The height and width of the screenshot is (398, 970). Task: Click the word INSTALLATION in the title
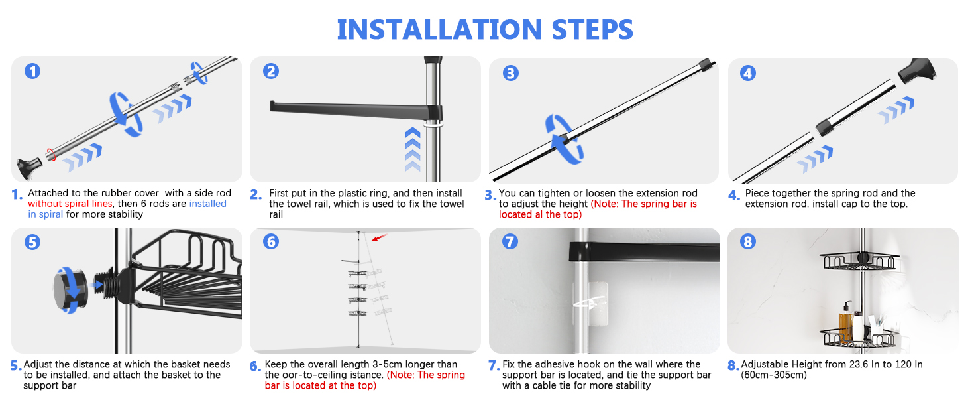point(439,29)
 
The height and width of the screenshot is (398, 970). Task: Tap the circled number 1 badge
point(32,71)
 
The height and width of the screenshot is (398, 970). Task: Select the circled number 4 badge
point(748,73)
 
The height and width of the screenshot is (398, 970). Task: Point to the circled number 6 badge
point(271,241)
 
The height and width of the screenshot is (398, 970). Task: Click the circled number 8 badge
point(748,241)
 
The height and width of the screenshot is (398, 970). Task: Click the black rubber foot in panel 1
point(28,168)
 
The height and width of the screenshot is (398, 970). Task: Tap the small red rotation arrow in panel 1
point(51,155)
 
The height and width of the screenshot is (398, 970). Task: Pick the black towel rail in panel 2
point(356,111)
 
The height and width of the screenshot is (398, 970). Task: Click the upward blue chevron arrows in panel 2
point(413,149)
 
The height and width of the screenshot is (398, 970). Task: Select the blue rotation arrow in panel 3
point(563,139)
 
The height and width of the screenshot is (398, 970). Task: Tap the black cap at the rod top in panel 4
point(916,71)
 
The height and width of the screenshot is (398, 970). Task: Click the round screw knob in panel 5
point(71,290)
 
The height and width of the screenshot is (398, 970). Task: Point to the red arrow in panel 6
point(380,237)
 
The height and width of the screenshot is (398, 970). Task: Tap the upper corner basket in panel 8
point(859,261)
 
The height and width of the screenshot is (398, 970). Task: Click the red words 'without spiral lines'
point(70,204)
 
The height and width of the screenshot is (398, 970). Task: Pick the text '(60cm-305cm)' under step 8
point(773,375)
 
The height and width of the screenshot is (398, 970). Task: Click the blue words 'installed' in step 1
point(208,204)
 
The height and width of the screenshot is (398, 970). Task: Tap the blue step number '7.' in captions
point(494,366)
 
